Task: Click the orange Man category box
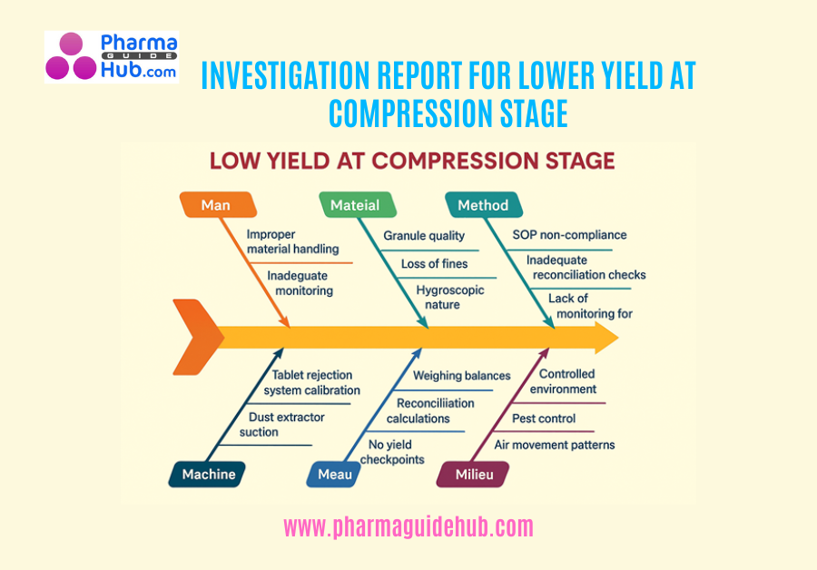(218, 205)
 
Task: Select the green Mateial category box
(358, 205)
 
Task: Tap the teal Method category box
(484, 205)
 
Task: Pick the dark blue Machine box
(207, 474)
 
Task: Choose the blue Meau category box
(333, 474)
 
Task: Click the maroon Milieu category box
(473, 474)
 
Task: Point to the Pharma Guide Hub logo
(112, 57)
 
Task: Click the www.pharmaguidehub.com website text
(408, 526)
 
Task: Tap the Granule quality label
(424, 235)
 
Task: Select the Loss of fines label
(434, 263)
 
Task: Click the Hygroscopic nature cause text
(449, 297)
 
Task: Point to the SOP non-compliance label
(569, 234)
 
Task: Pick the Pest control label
(544, 418)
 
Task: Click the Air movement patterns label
(555, 445)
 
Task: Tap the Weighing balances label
(462, 375)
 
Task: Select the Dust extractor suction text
(282, 424)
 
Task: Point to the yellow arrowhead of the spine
(606, 338)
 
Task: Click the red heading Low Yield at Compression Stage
(412, 161)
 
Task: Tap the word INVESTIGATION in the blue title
(286, 75)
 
